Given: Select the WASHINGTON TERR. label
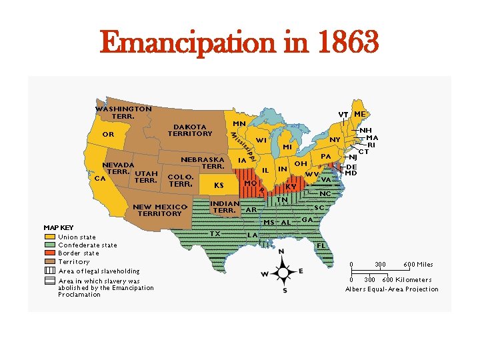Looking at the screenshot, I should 123,112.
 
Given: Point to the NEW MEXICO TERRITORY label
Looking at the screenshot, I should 160,210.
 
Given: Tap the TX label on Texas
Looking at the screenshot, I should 215,233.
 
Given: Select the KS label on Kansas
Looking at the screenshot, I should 218,185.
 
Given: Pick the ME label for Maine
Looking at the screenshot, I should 360,114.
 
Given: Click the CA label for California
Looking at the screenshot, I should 100,178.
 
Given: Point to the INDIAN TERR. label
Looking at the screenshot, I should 225,207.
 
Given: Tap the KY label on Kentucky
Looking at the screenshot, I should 291,187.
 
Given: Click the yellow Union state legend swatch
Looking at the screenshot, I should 50,237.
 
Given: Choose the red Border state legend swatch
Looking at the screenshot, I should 50,253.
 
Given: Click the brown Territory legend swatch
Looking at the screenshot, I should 50,262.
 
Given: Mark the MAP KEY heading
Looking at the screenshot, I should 59,227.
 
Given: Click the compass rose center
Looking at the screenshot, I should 284,272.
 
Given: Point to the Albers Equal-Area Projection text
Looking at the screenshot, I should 392,289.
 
